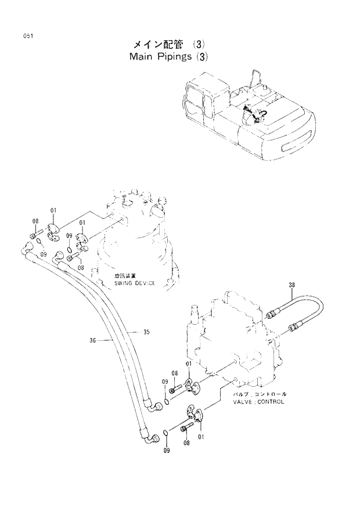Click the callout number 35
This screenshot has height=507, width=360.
(x=146, y=332)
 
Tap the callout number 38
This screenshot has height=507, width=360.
(x=291, y=285)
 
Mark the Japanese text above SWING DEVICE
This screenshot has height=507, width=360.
(x=125, y=276)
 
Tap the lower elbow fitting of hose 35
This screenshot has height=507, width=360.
(x=153, y=404)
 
